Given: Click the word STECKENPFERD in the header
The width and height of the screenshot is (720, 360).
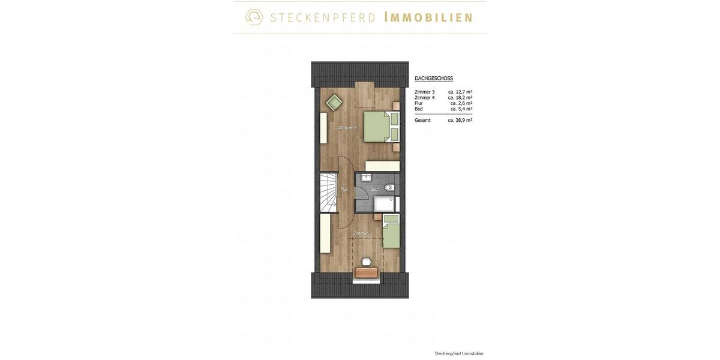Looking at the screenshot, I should (323, 17).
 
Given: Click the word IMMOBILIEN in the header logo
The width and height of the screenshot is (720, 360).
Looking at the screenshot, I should (428, 17).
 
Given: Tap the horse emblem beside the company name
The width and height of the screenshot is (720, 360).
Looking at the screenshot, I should (254, 17).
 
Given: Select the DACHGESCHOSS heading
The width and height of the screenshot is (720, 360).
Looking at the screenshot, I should (434, 79).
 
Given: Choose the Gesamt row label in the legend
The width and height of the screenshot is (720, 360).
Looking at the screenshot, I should (422, 120).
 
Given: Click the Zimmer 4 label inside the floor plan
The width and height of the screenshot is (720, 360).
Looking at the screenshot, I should (347, 127).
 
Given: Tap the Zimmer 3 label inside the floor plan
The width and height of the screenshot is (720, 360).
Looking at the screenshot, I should (362, 233).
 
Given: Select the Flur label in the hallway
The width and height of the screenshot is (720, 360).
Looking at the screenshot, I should (344, 190).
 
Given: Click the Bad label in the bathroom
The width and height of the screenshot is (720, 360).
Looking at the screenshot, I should (374, 190).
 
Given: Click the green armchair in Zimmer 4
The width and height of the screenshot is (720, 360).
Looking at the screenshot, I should (334, 103).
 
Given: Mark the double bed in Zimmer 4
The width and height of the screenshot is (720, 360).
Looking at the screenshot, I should (380, 127).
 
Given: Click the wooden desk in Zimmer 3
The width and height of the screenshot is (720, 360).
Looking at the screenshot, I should (367, 272).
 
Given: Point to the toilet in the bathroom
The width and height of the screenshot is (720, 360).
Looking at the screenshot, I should (389, 188).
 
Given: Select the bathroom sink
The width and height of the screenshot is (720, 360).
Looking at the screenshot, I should (365, 178).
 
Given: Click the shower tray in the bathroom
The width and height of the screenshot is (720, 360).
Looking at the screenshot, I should (384, 204).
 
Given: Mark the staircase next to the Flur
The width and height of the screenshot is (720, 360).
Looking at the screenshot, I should (328, 192).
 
